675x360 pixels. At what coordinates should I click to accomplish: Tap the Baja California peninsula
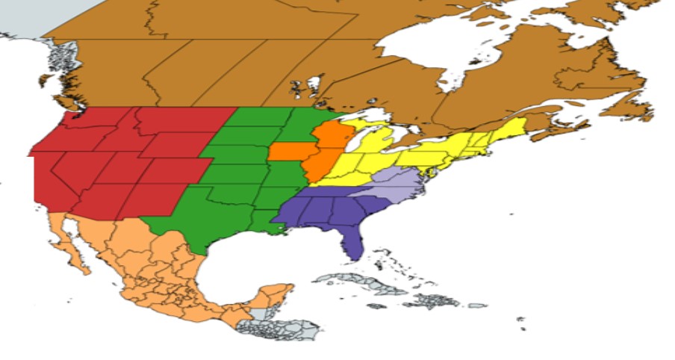(x=75, y=246)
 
